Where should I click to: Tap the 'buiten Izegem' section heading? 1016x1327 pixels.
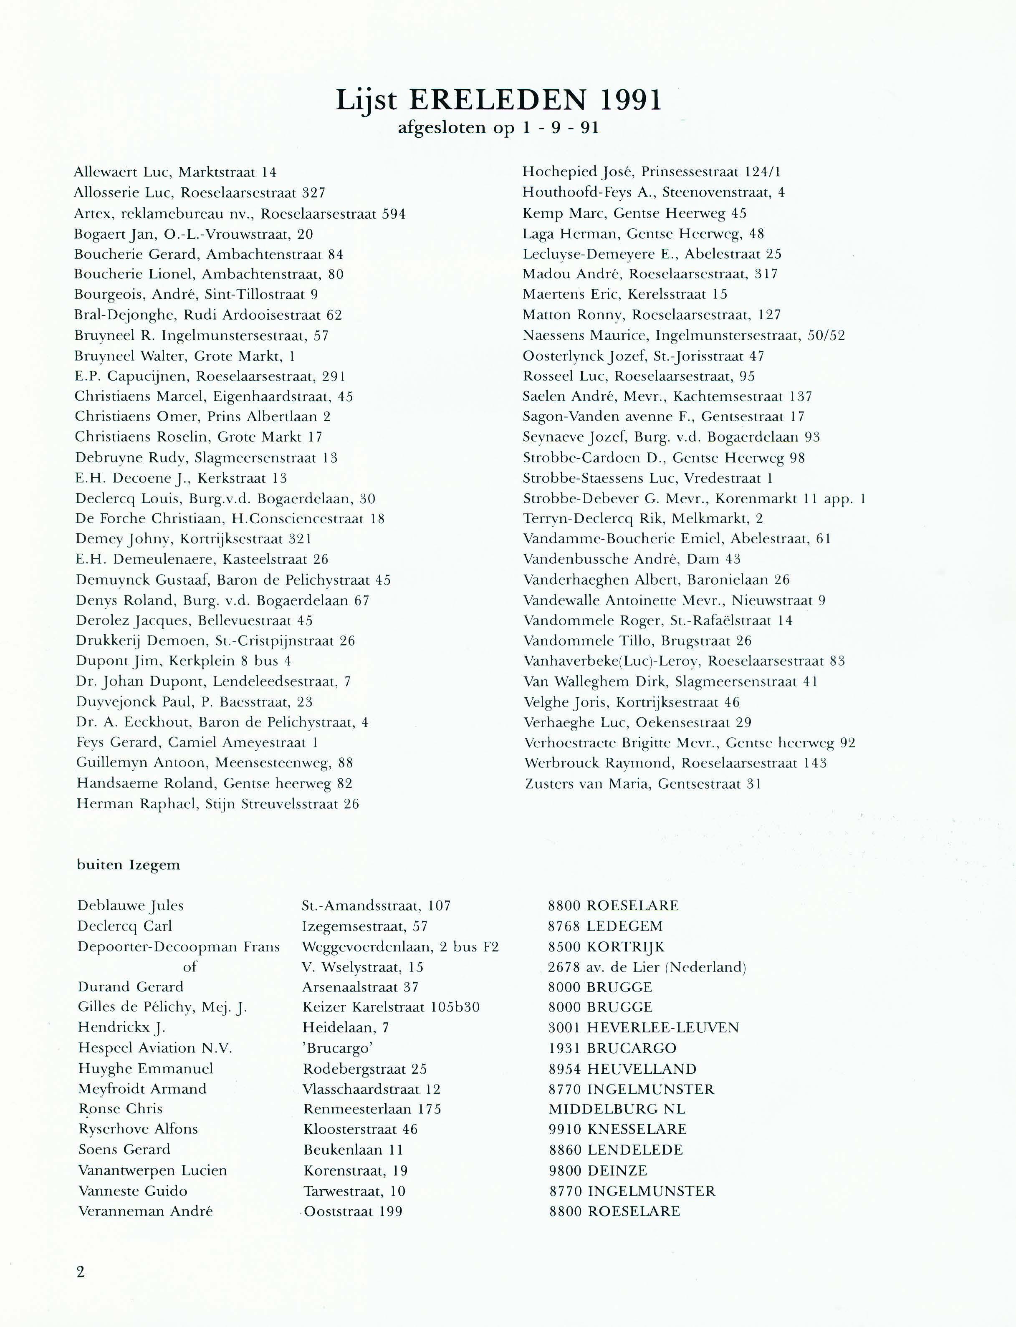point(128,865)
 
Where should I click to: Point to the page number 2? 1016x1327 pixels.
point(81,1271)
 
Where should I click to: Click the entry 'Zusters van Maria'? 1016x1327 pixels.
point(643,784)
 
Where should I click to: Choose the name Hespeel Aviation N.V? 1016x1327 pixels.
point(155,1048)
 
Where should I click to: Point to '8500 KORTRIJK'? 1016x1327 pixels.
point(606,947)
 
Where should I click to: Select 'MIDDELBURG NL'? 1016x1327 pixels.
point(617,1109)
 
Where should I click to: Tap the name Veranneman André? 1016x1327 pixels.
point(145,1211)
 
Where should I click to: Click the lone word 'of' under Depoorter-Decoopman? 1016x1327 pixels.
point(190,967)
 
